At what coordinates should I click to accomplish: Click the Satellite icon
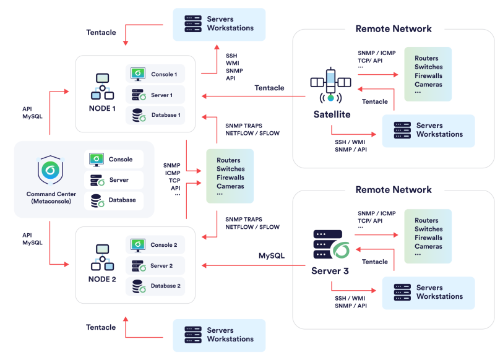click(x=330, y=85)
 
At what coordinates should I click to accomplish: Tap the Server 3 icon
click(x=331, y=244)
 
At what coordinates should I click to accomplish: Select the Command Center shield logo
click(x=50, y=170)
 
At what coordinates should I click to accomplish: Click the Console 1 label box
click(x=155, y=74)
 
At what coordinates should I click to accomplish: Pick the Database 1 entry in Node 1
click(x=155, y=115)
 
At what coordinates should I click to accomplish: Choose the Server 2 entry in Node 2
click(x=155, y=265)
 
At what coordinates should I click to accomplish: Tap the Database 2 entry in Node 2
click(x=155, y=286)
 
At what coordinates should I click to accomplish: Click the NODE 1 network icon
click(x=102, y=87)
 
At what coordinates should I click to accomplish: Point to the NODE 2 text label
click(x=102, y=279)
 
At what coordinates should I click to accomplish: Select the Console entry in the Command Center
click(x=114, y=160)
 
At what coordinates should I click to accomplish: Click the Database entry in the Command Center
click(x=114, y=200)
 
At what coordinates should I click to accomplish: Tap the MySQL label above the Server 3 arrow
click(x=272, y=255)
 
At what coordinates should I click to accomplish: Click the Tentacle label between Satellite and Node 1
click(x=269, y=88)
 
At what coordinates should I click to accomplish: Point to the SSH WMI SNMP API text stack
click(x=235, y=67)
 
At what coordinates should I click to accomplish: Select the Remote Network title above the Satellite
click(x=394, y=28)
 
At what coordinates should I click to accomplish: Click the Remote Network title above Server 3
click(x=394, y=190)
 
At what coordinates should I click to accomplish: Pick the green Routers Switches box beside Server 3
click(x=428, y=236)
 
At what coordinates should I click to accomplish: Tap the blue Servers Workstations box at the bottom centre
click(x=219, y=335)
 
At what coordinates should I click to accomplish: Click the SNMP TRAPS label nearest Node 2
click(x=244, y=220)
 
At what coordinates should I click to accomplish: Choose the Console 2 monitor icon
click(x=138, y=245)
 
